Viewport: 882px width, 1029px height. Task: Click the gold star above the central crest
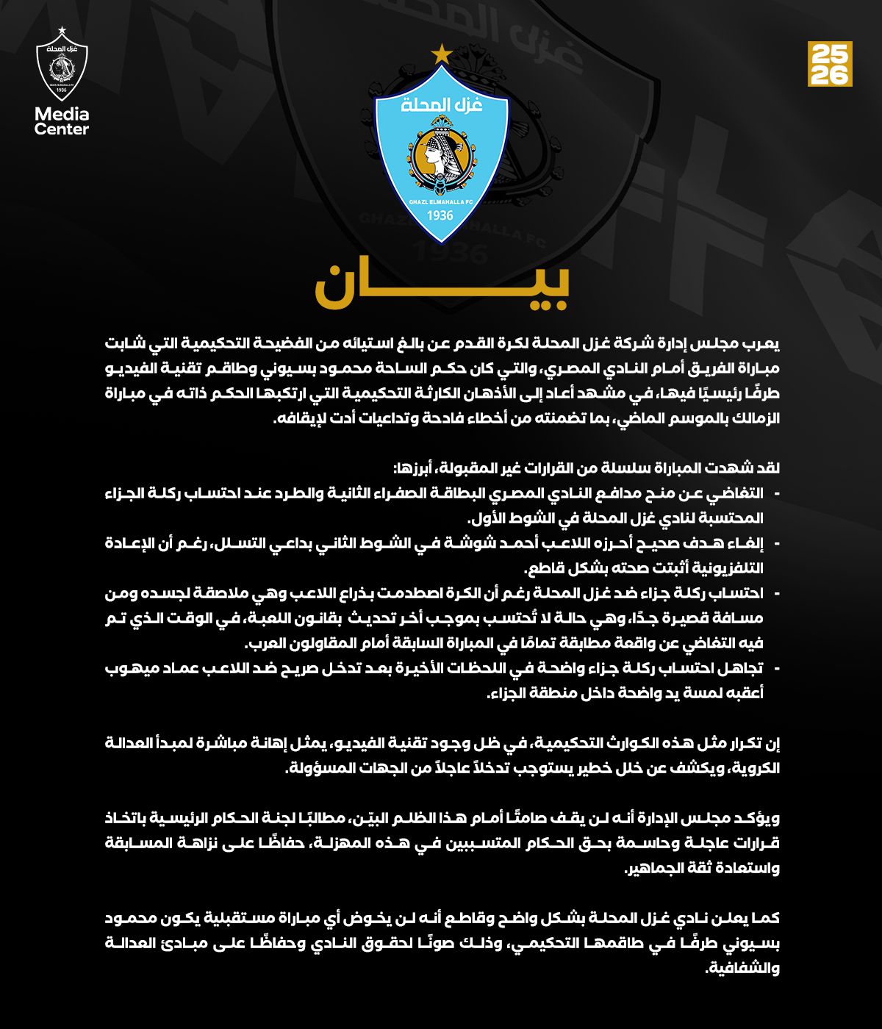(442, 54)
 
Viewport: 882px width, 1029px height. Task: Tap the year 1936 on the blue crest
(441, 215)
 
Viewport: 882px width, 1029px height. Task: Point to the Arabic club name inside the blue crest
(442, 105)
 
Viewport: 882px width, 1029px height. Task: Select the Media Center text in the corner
(62, 121)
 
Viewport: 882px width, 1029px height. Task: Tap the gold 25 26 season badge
(830, 64)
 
